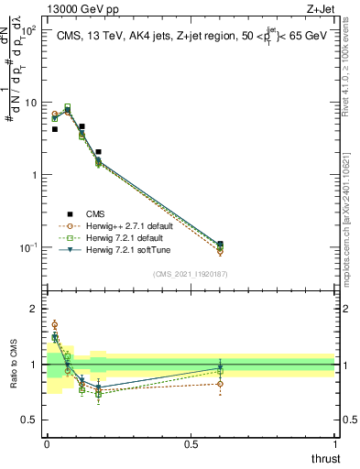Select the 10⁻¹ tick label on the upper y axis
click(27, 247)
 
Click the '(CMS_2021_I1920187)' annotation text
click(190, 272)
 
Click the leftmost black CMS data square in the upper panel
click(55, 129)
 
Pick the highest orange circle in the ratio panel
click(55, 324)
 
